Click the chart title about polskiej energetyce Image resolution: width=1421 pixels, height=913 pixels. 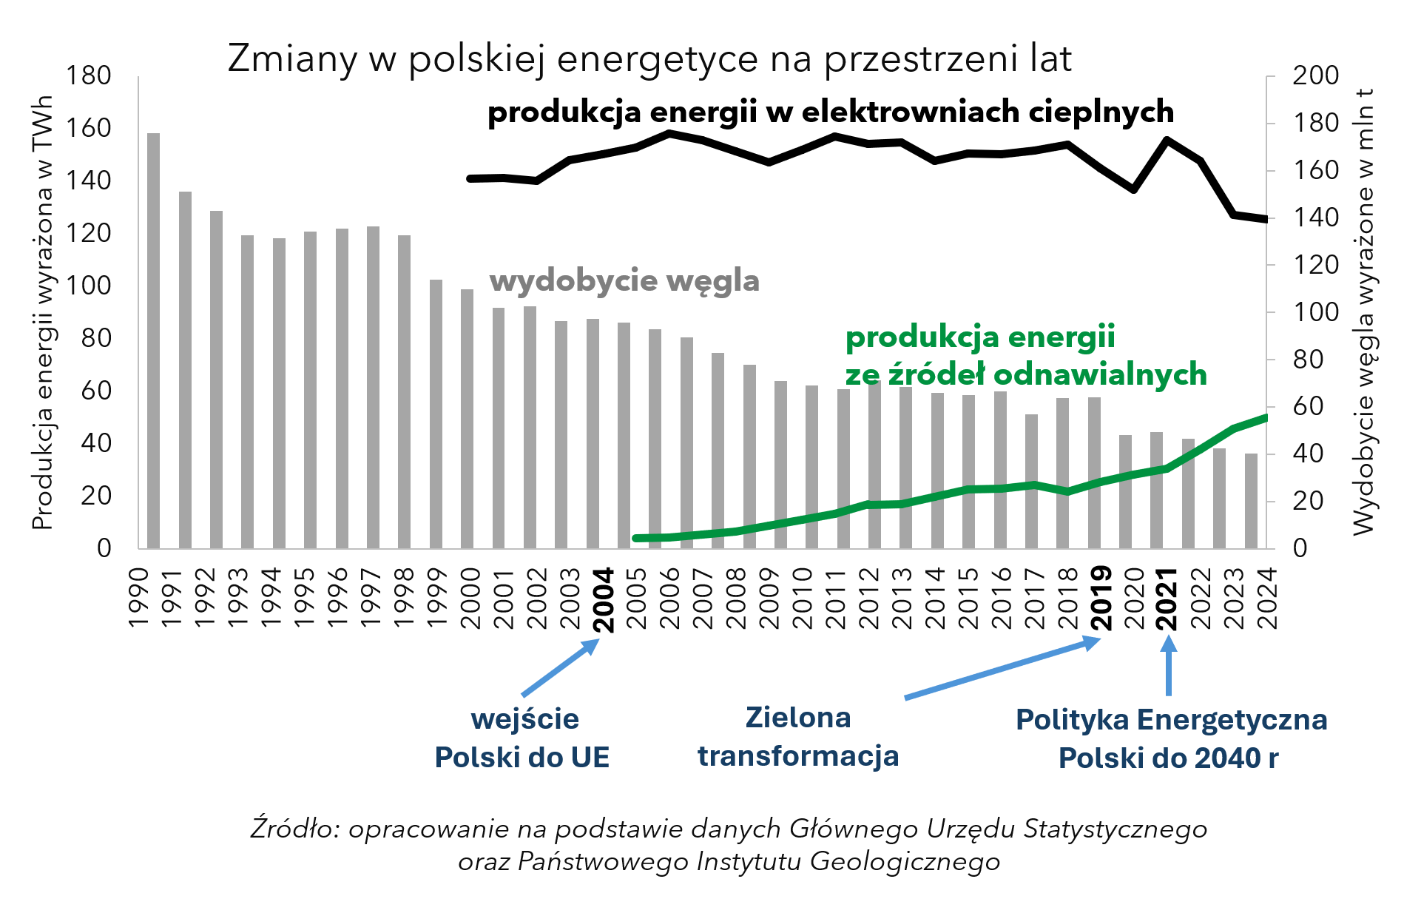click(x=649, y=59)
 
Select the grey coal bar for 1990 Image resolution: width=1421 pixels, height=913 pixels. click(x=153, y=340)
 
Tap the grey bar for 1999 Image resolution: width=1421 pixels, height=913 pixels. click(x=436, y=414)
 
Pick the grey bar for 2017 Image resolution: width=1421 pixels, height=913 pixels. click(x=1031, y=481)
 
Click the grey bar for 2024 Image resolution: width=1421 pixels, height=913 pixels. click(x=1251, y=501)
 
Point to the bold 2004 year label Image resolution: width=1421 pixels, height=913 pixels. click(x=604, y=600)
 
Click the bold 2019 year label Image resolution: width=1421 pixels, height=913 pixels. click(x=1101, y=598)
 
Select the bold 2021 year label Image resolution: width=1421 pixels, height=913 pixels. click(x=1167, y=599)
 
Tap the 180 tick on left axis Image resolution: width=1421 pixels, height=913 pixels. click(x=88, y=76)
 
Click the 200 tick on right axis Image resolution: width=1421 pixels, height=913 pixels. click(x=1315, y=75)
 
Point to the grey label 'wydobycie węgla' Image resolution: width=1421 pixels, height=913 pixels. click(x=624, y=281)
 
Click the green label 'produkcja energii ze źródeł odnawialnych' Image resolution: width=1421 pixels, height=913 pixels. click(x=1025, y=356)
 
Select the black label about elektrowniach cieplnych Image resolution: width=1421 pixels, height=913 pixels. click(x=830, y=112)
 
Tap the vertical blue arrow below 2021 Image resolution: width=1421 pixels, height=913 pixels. click(x=1169, y=666)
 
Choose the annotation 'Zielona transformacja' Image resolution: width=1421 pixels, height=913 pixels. click(x=798, y=737)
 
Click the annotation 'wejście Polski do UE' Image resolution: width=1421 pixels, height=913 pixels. click(x=522, y=738)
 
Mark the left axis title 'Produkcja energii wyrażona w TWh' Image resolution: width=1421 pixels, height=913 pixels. click(x=43, y=312)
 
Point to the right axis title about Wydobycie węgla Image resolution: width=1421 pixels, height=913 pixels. click(x=1363, y=312)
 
